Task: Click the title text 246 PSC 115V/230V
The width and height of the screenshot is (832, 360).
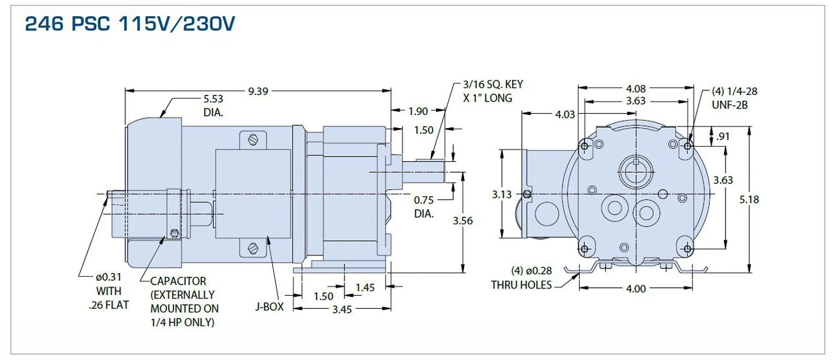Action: [130, 24]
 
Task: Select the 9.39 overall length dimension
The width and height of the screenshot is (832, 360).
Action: [257, 91]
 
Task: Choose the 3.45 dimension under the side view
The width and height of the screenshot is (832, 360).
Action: [342, 309]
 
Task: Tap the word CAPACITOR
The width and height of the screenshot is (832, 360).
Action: [178, 281]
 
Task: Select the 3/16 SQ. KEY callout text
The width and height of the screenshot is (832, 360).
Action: [493, 85]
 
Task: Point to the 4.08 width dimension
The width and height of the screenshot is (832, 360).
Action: [635, 88]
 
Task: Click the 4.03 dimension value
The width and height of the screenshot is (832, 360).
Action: [565, 115]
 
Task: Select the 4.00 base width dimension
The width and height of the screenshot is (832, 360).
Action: [635, 289]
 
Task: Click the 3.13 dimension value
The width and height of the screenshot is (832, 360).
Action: [502, 194]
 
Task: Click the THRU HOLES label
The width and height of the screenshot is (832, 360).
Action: [521, 285]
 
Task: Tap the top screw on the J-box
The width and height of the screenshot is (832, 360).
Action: [253, 139]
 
